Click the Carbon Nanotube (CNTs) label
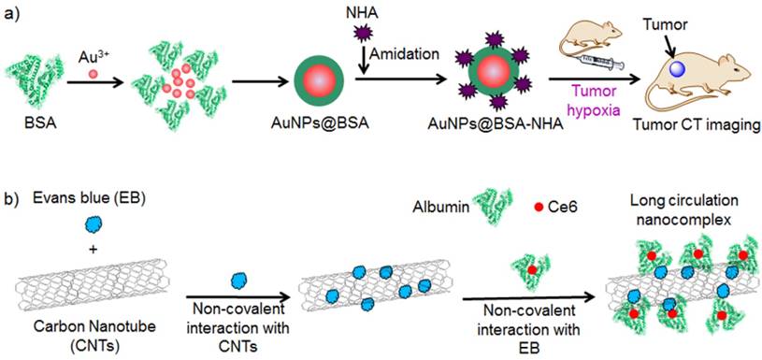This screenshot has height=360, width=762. (x=69, y=331)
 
